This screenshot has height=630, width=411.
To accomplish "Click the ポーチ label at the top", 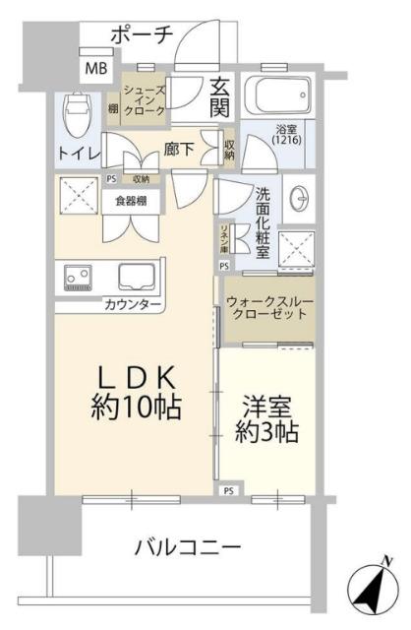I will [x=142, y=33].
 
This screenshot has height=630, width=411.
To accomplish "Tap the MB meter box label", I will [x=95, y=68].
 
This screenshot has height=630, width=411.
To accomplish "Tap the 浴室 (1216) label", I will [x=289, y=133].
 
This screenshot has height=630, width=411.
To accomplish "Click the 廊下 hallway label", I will [x=179, y=151].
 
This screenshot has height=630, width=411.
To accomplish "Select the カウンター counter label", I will [x=133, y=305].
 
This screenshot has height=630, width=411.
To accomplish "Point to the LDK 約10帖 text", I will [x=136, y=392].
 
